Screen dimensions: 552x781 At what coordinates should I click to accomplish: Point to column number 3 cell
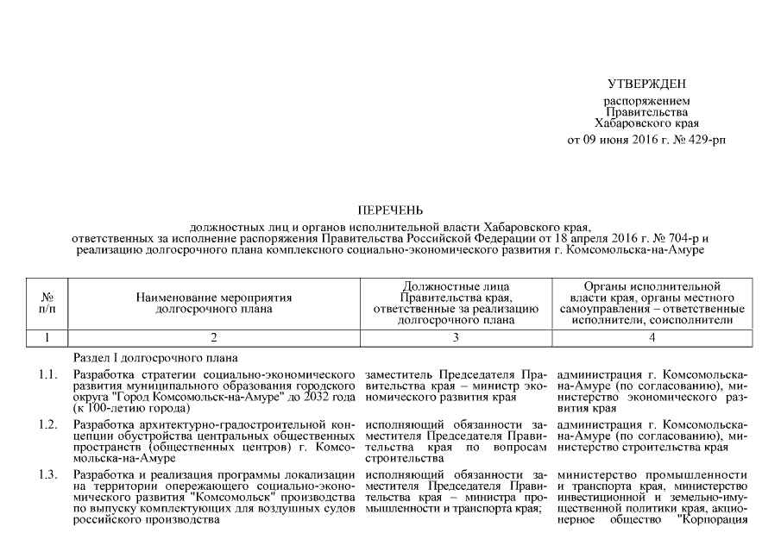click(x=456, y=337)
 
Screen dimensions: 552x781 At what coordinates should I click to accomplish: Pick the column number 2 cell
click(x=213, y=337)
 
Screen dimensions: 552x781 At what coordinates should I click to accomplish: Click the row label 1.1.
click(x=48, y=376)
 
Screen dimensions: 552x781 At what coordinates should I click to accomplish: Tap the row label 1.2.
click(x=48, y=425)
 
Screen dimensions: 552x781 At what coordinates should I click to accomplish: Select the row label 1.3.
click(x=48, y=475)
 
